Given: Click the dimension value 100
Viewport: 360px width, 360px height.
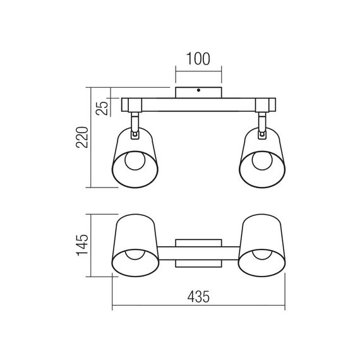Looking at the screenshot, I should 198,61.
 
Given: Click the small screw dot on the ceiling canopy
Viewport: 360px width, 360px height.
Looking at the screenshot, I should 198,91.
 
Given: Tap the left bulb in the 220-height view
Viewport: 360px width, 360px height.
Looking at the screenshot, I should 133,161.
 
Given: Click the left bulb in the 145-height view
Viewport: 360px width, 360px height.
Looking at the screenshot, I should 133,257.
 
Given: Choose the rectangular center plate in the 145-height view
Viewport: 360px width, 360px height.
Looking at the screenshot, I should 198,253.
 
